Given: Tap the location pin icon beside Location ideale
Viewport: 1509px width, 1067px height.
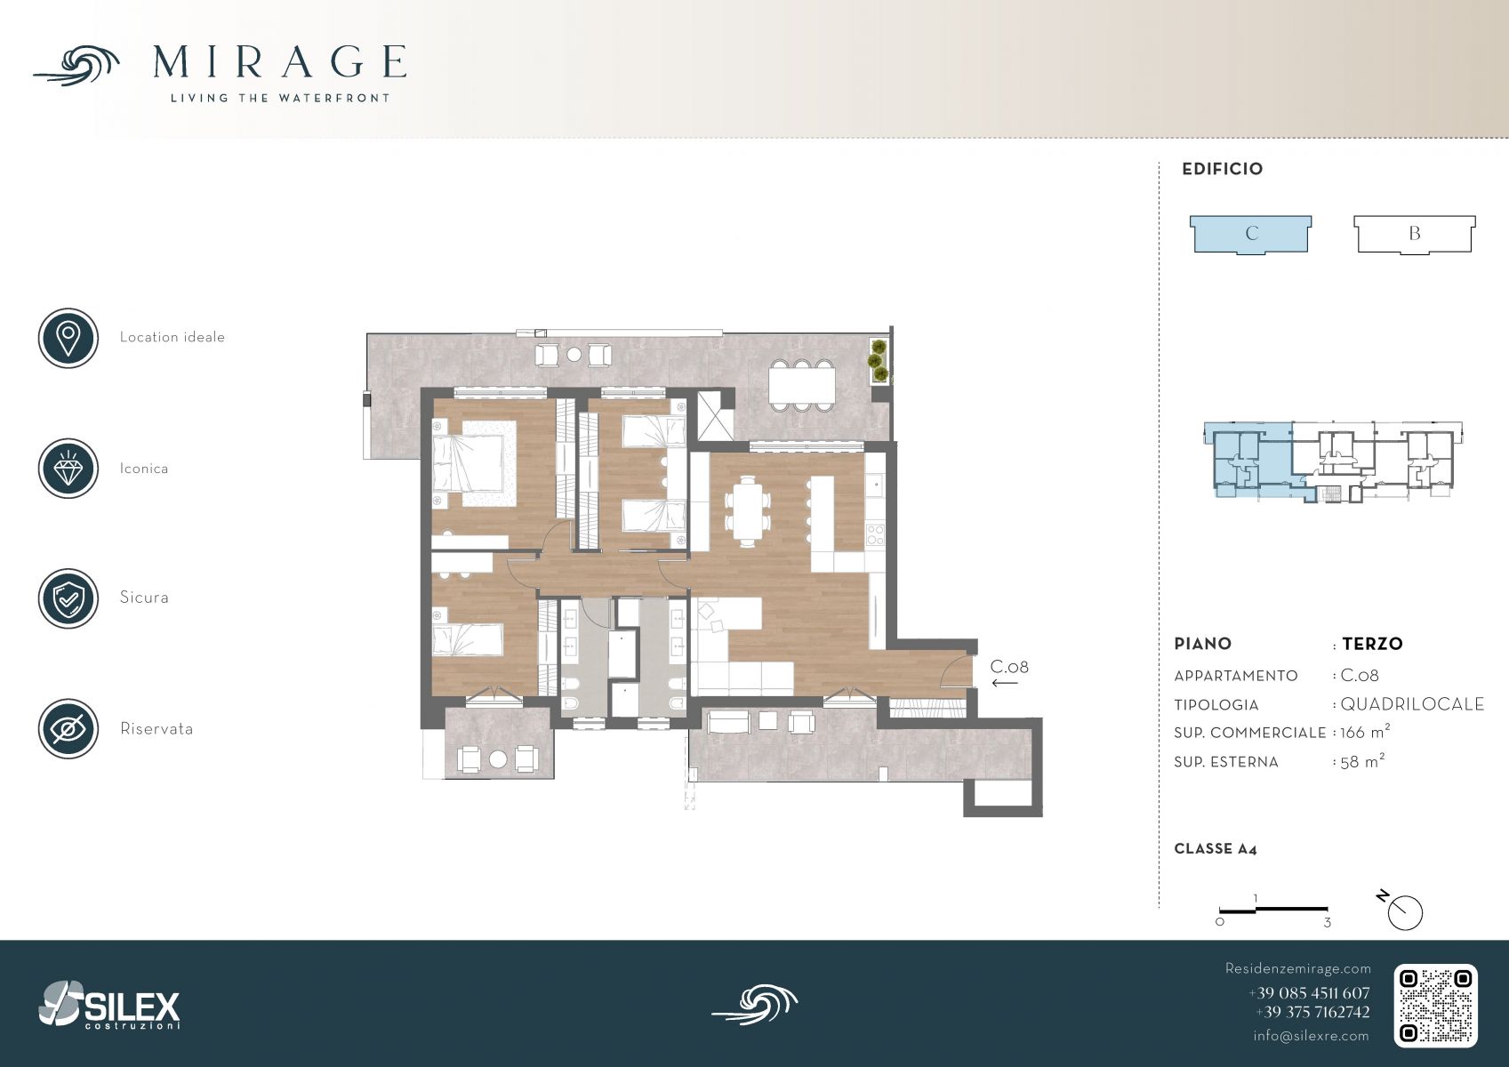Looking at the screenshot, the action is coord(68,338).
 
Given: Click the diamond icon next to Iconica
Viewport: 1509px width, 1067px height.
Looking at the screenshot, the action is coord(68,469).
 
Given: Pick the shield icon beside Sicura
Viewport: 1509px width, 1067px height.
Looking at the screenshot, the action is coord(68,598).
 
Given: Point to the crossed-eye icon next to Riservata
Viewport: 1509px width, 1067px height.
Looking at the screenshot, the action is coord(68,728).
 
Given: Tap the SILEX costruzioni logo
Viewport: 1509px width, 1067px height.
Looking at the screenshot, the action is coord(109,1005).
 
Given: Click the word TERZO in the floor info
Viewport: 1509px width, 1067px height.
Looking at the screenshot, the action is coord(1372,644).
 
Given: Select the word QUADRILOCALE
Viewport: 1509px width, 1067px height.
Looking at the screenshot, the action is coord(1412,704).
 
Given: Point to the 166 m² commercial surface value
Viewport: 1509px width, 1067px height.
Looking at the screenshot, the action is coord(1365,732).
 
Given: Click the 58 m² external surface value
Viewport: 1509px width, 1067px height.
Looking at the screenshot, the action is coord(1362,761).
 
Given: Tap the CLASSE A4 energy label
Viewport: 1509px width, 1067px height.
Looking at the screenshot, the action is coord(1216,849).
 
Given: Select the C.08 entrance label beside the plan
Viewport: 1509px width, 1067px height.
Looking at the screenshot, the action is coord(1009,667).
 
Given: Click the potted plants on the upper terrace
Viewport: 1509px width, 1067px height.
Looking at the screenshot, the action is coord(878,360).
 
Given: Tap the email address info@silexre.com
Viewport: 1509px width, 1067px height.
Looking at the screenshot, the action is coord(1311,1036).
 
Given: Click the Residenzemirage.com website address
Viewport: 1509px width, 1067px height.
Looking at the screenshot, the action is coord(1297,968).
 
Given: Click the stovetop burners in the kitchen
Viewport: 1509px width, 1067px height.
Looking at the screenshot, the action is coord(875,535).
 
